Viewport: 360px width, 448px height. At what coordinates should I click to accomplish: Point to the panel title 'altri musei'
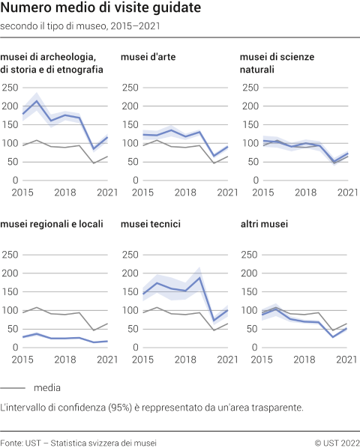click(263, 223)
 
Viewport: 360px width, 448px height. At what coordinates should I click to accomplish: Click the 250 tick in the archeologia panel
click(10, 87)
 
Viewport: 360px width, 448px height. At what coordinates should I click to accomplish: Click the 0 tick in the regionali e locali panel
click(15, 348)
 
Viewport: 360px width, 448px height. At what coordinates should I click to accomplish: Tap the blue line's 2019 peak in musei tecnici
click(200, 278)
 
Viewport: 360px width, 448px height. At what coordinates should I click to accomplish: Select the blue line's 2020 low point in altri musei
click(333, 337)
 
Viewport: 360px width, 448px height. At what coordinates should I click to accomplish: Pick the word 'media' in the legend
click(46, 388)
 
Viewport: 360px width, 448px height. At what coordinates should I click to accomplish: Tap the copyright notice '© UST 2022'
click(337, 441)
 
